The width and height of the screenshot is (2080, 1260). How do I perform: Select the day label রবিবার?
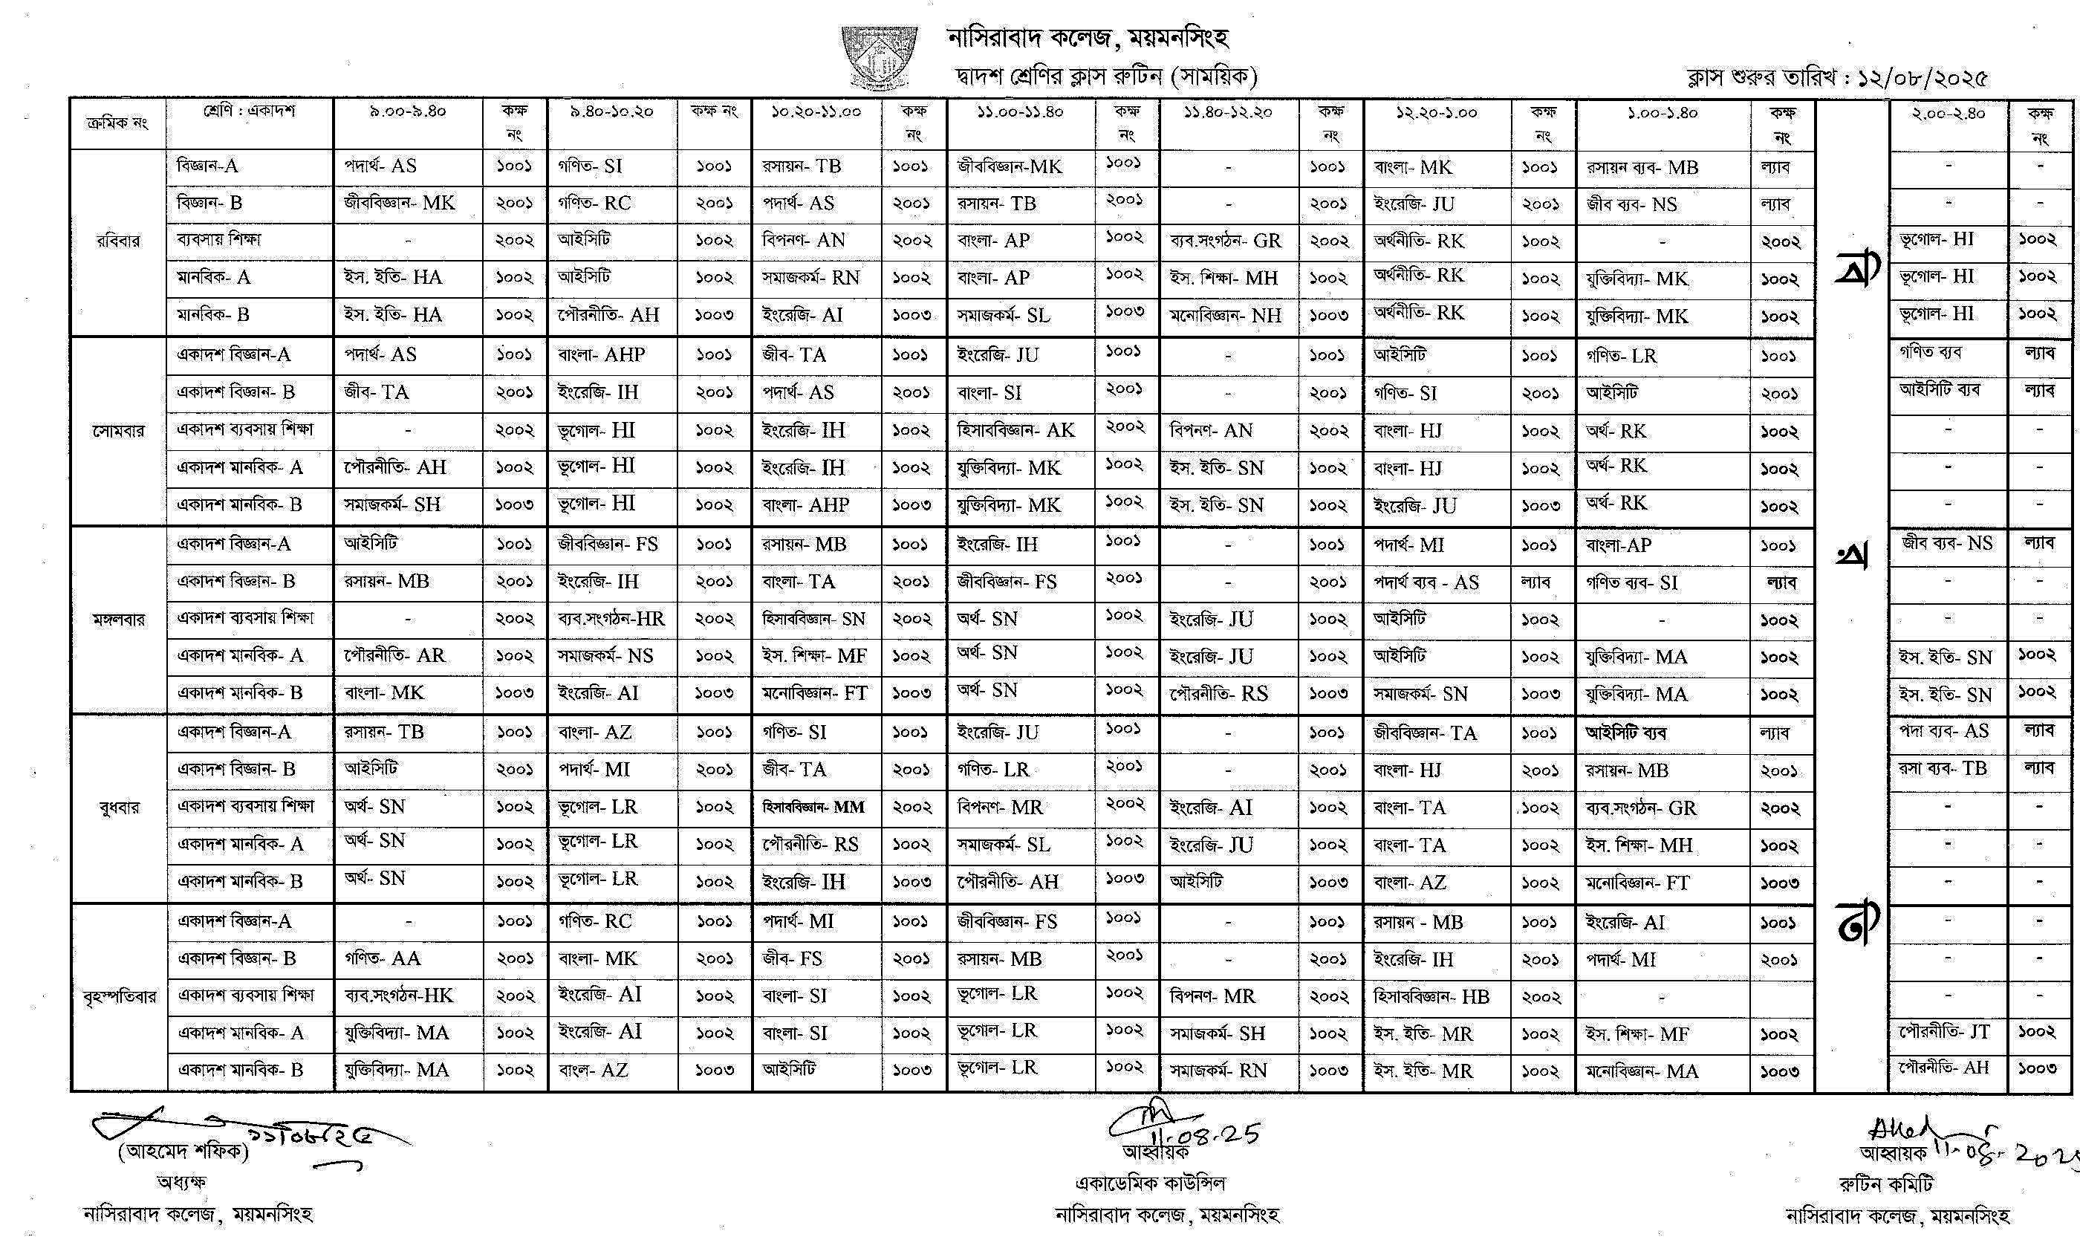(x=118, y=241)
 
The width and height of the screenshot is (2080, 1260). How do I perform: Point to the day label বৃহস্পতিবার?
(x=119, y=996)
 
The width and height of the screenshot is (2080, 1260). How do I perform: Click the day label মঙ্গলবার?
(x=118, y=620)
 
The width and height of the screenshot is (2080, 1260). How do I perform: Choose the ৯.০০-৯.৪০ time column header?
(x=408, y=111)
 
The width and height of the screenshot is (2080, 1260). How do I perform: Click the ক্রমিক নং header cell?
(x=117, y=123)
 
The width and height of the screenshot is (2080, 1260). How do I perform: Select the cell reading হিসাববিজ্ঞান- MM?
(x=813, y=808)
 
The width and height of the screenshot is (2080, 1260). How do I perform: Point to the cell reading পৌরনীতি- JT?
(x=1944, y=1032)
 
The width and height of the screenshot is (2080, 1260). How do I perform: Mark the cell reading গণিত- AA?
(x=383, y=958)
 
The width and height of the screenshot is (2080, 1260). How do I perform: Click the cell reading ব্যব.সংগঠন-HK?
(x=398, y=996)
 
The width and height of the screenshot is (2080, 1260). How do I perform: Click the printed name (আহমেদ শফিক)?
(x=183, y=1151)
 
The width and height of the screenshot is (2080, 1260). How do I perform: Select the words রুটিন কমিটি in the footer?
(x=1886, y=1184)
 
